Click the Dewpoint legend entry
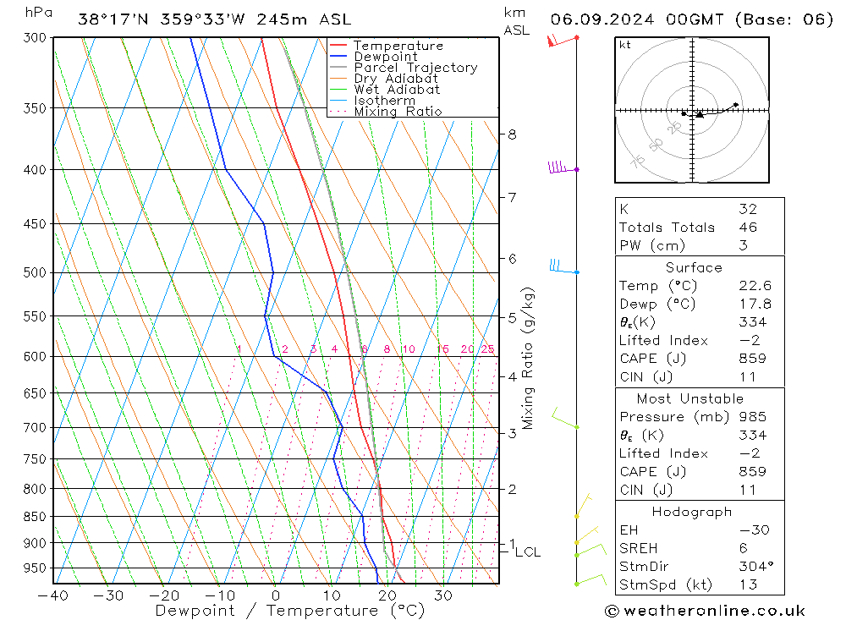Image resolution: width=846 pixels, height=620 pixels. point(385,57)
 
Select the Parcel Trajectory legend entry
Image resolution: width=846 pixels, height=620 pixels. point(415,68)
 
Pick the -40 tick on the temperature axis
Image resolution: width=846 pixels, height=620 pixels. point(53,595)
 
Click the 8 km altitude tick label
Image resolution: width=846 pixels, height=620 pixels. point(513,134)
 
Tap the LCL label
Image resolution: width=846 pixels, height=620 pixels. point(527,552)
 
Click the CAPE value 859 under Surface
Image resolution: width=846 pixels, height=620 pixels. point(752,359)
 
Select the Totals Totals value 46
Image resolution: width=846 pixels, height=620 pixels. point(747,228)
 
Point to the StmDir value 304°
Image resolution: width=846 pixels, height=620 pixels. point(753,567)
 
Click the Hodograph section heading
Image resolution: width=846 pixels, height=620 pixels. point(692,512)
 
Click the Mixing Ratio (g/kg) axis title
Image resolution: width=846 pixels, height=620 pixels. point(529,358)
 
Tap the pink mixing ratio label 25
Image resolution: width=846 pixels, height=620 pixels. point(487,349)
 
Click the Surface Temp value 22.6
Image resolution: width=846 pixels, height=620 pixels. point(754,286)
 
